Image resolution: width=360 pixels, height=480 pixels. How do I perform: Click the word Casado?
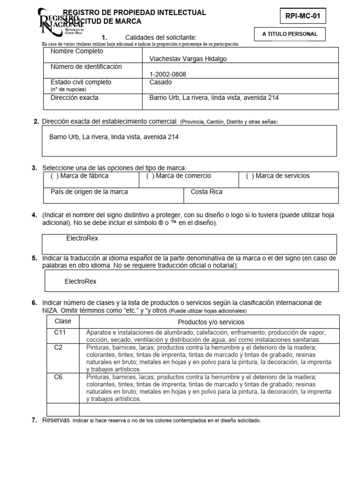point(160,82)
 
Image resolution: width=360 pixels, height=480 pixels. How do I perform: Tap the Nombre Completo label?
point(76,51)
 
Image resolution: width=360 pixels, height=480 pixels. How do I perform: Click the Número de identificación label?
point(86,67)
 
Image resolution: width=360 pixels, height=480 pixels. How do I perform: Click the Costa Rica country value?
point(206,192)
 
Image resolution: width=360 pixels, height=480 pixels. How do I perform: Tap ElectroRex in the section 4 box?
point(82,238)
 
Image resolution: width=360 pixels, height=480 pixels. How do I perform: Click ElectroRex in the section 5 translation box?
point(80,281)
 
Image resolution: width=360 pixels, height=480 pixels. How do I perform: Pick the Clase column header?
point(63,322)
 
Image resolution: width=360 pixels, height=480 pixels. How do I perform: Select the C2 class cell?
point(59,347)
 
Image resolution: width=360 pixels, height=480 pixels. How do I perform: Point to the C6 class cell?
point(59,377)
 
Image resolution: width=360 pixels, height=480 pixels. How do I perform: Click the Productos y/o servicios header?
point(211,322)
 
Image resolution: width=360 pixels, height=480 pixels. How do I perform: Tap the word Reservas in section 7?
point(56,420)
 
